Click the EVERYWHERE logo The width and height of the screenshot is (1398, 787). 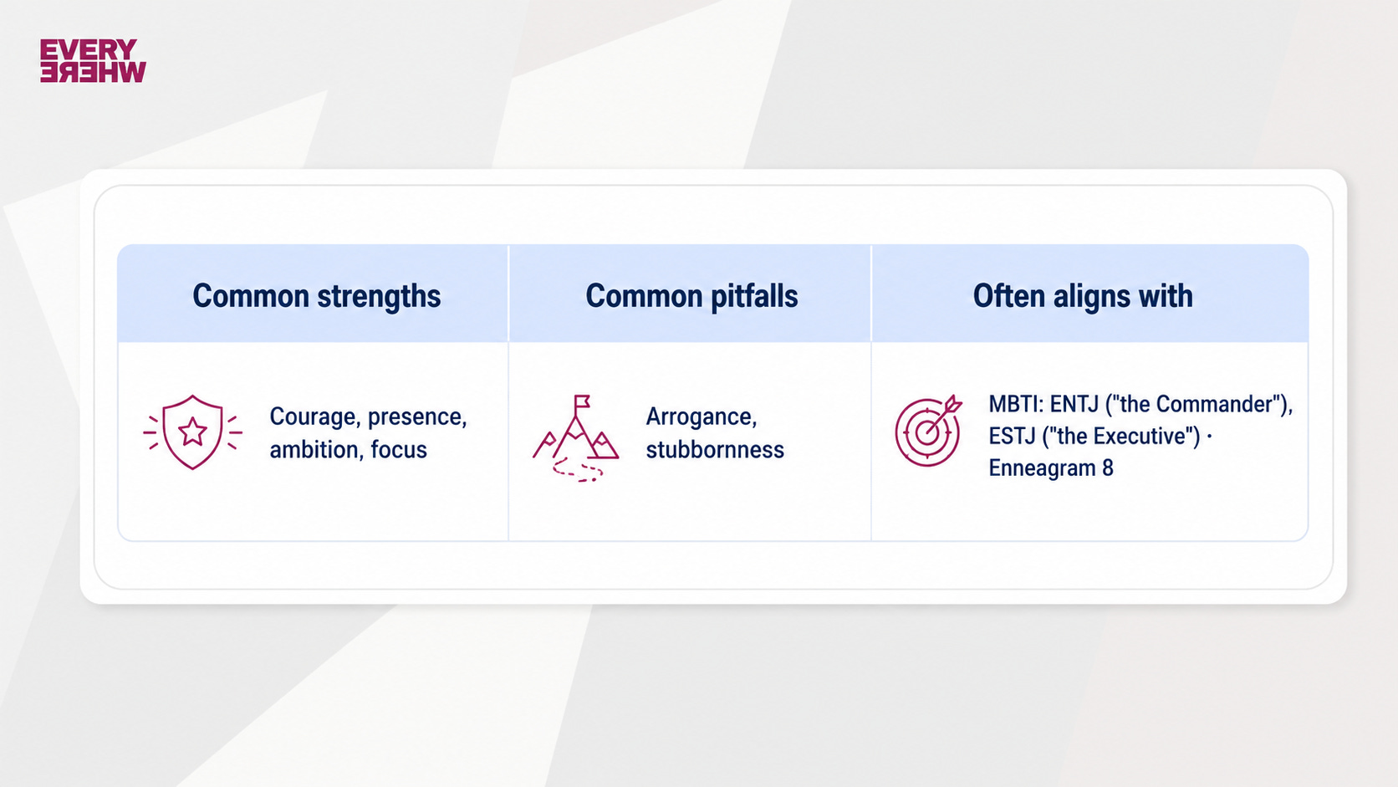(x=93, y=60)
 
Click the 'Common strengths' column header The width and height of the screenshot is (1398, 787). (x=316, y=296)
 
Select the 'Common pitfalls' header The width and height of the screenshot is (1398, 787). (x=691, y=296)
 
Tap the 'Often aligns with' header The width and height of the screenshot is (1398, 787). (x=1083, y=296)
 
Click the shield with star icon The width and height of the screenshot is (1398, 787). (x=192, y=432)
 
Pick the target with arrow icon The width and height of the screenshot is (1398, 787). (x=928, y=431)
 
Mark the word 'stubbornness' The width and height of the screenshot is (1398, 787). (x=715, y=449)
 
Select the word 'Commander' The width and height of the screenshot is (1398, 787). (x=1212, y=405)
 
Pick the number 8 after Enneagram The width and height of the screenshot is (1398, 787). (x=1107, y=468)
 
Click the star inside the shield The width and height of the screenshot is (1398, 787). (x=192, y=432)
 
